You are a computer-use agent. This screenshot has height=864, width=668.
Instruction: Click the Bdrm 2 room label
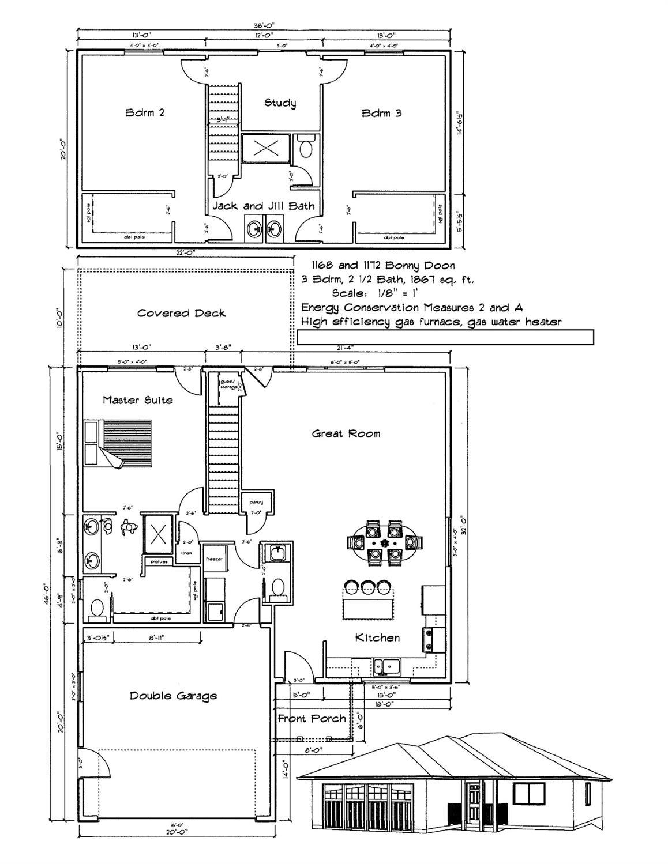point(145,112)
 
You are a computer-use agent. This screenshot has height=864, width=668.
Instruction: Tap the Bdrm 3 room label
point(381,113)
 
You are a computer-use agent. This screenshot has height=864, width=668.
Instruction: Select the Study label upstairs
point(280,103)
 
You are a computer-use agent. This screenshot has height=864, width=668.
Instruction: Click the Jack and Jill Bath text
point(263,206)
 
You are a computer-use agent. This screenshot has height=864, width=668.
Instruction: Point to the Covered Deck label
point(181,313)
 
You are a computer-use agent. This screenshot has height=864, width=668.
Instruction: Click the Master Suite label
point(137,399)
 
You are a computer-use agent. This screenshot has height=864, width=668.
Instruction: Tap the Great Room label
point(346,433)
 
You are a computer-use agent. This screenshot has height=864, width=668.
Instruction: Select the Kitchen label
point(377,637)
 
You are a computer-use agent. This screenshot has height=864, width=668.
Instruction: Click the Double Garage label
point(173,696)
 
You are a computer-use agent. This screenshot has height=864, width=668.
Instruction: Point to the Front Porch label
point(312,718)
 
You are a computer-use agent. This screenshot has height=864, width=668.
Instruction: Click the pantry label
point(256,502)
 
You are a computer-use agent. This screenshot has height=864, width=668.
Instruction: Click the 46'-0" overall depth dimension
point(57,594)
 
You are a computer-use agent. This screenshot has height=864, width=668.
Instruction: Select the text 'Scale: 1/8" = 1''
point(374,293)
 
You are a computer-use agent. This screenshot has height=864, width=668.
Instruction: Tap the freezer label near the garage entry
point(215,558)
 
